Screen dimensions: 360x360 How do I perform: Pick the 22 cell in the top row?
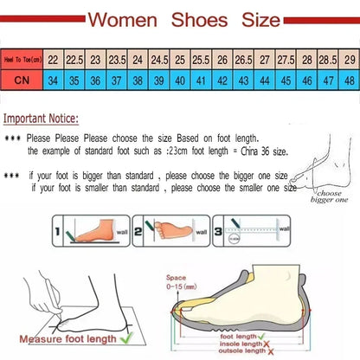coord(53,60)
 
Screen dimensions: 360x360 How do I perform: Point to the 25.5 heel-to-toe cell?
coord(201,60)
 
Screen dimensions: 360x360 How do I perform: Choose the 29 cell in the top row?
coord(349,60)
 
